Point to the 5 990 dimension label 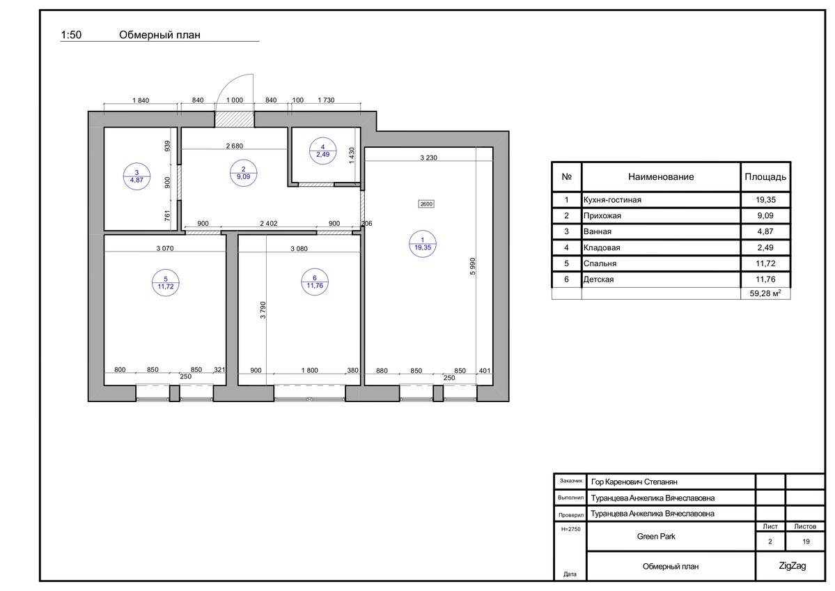[x=472, y=266]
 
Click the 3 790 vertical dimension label [x=263, y=310]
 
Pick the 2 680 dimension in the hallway [x=234, y=146]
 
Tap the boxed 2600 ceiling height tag [x=426, y=204]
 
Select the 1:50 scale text [x=71, y=35]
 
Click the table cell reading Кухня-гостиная [x=612, y=200]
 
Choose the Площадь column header [x=765, y=177]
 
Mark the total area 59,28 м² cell [x=765, y=293]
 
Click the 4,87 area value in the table [x=765, y=231]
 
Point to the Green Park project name [x=656, y=537]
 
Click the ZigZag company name [x=793, y=566]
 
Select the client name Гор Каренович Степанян [x=634, y=482]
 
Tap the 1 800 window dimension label [x=309, y=370]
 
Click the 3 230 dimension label [x=429, y=158]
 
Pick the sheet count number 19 [x=806, y=542]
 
